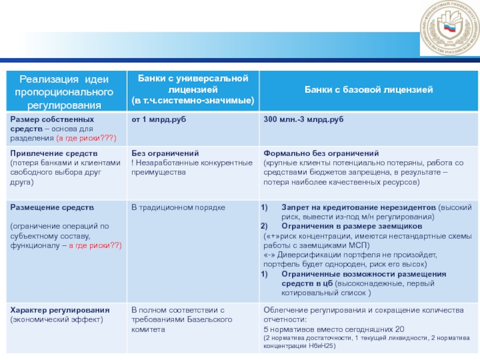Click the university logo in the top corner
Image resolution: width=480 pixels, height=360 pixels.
(448, 33)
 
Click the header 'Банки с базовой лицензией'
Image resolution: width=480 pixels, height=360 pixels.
(369, 90)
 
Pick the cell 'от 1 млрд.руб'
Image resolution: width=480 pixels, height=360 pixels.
(159, 121)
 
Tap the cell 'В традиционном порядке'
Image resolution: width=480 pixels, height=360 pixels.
(178, 208)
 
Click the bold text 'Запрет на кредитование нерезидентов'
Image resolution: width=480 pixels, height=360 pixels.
(358, 208)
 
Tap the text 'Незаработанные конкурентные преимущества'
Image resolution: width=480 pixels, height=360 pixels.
(192, 167)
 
